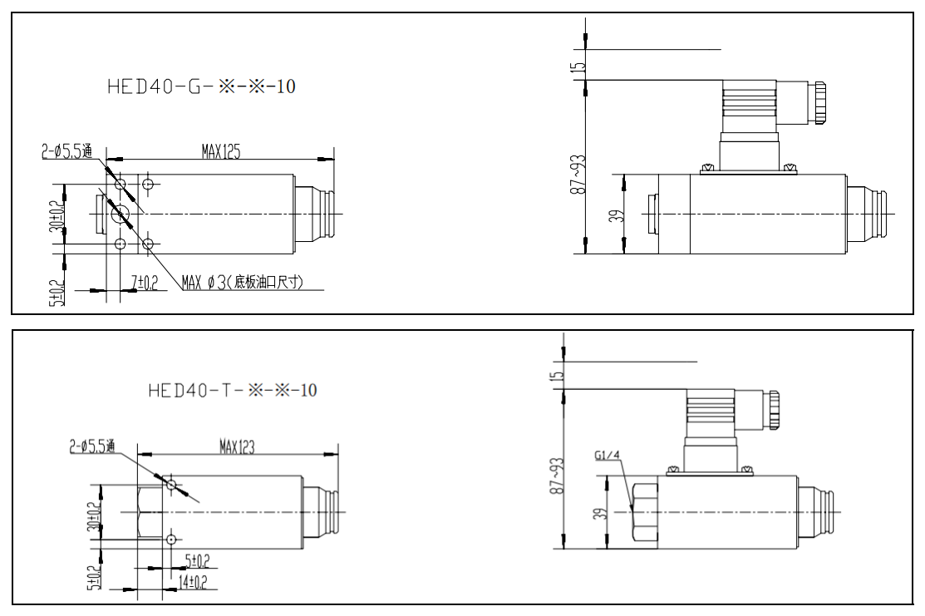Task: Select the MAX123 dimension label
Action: pos(237,447)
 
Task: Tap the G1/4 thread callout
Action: pos(608,456)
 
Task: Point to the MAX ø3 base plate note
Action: pos(242,283)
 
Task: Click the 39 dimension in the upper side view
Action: pos(616,216)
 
